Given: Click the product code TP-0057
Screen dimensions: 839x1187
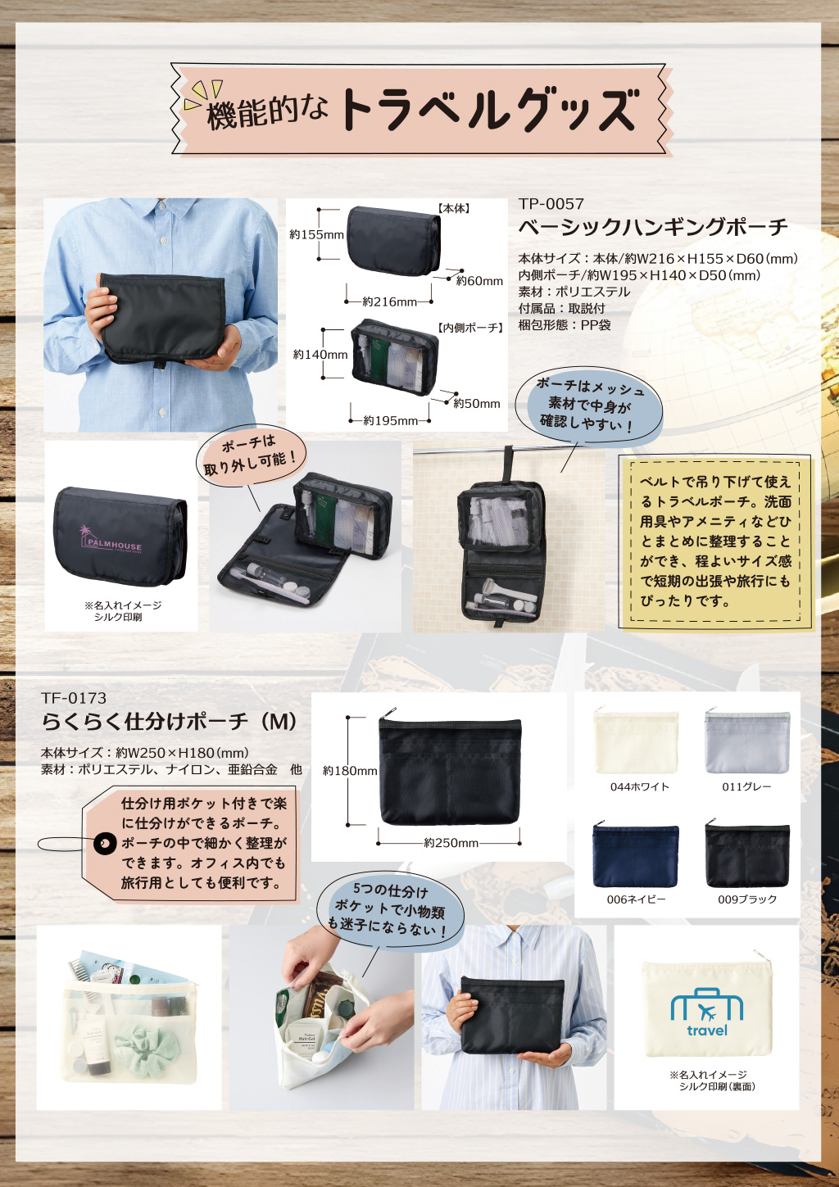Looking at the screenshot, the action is click(x=551, y=204).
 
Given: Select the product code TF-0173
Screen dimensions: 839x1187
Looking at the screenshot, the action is click(x=74, y=698).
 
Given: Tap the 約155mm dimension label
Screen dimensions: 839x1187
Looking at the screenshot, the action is click(x=316, y=234).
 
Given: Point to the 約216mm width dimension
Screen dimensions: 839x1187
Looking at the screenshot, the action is click(x=389, y=301).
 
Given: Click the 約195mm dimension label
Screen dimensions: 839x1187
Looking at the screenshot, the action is click(x=391, y=421).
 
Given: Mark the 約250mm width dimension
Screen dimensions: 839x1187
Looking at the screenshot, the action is click(x=451, y=843).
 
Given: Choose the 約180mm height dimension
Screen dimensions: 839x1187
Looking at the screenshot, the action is click(x=350, y=771).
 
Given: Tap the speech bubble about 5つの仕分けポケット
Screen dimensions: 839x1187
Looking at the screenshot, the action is click(x=390, y=906).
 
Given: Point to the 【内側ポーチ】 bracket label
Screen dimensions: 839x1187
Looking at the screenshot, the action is click(x=469, y=328).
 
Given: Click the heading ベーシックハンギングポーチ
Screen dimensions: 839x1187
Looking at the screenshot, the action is click(x=653, y=228).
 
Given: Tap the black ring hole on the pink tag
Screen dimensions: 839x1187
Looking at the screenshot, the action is click(x=104, y=843).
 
